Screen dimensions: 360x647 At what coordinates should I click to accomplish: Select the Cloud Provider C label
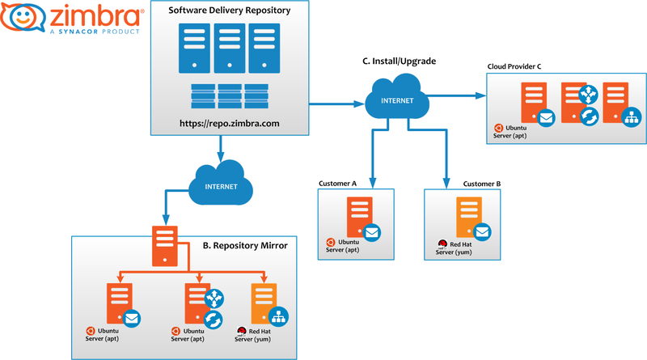coord(520,65)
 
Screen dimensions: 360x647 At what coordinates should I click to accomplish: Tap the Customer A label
coord(338,184)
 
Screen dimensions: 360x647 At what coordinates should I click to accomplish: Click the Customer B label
coord(482,184)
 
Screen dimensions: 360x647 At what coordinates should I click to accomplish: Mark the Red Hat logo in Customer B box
coord(443,243)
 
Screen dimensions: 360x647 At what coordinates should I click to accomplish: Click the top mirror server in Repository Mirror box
coord(166,246)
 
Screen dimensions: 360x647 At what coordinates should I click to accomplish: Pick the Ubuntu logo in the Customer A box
coord(332,241)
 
